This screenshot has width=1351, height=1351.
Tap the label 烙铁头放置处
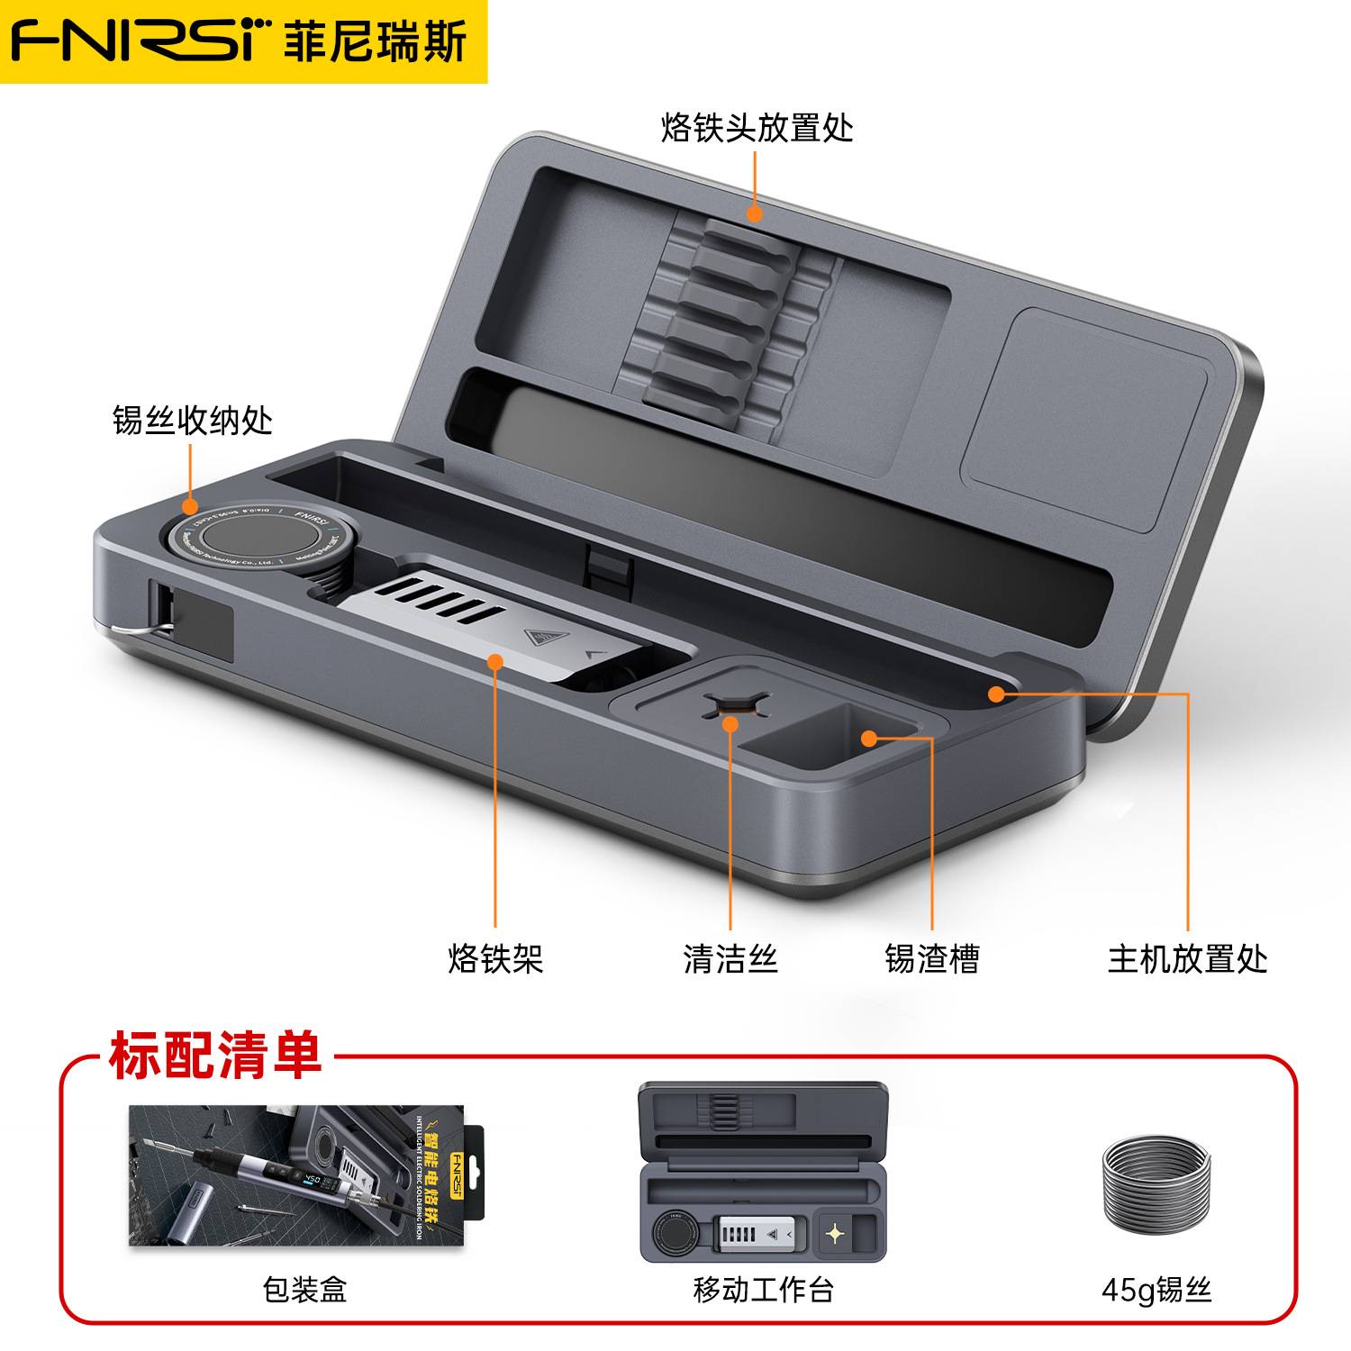click(x=757, y=128)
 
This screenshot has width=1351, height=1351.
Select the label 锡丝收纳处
click(x=192, y=420)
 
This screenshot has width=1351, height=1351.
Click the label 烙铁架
click(x=495, y=958)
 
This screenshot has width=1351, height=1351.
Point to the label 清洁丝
click(x=730, y=958)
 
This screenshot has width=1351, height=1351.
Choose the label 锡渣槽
click(x=931, y=958)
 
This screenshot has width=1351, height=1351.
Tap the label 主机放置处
click(x=1187, y=958)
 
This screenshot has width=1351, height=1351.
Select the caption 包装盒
click(x=304, y=1290)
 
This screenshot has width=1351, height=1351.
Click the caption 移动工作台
click(x=763, y=1290)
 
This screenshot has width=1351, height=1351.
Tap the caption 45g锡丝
click(x=1156, y=1290)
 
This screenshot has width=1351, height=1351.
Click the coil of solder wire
click(x=1156, y=1183)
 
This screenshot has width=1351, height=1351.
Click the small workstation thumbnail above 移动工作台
click(x=763, y=1171)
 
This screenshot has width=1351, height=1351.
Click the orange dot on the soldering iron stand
click(x=494, y=662)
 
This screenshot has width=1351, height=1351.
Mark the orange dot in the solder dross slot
click(x=868, y=739)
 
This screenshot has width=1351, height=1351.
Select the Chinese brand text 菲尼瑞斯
click(x=376, y=41)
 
